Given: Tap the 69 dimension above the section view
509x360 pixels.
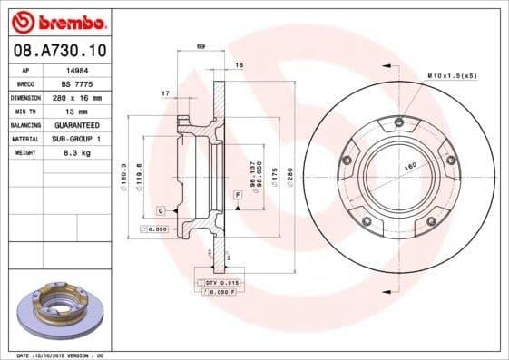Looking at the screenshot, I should [x=201, y=45].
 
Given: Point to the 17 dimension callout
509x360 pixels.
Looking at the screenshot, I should [x=165, y=94].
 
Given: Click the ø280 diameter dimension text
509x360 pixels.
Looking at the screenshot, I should [x=289, y=171].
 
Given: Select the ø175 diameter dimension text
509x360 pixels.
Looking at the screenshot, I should [x=273, y=171].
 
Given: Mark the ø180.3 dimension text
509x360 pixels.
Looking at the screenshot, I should [x=123, y=171].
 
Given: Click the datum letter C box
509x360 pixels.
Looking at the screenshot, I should [x=160, y=210].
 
